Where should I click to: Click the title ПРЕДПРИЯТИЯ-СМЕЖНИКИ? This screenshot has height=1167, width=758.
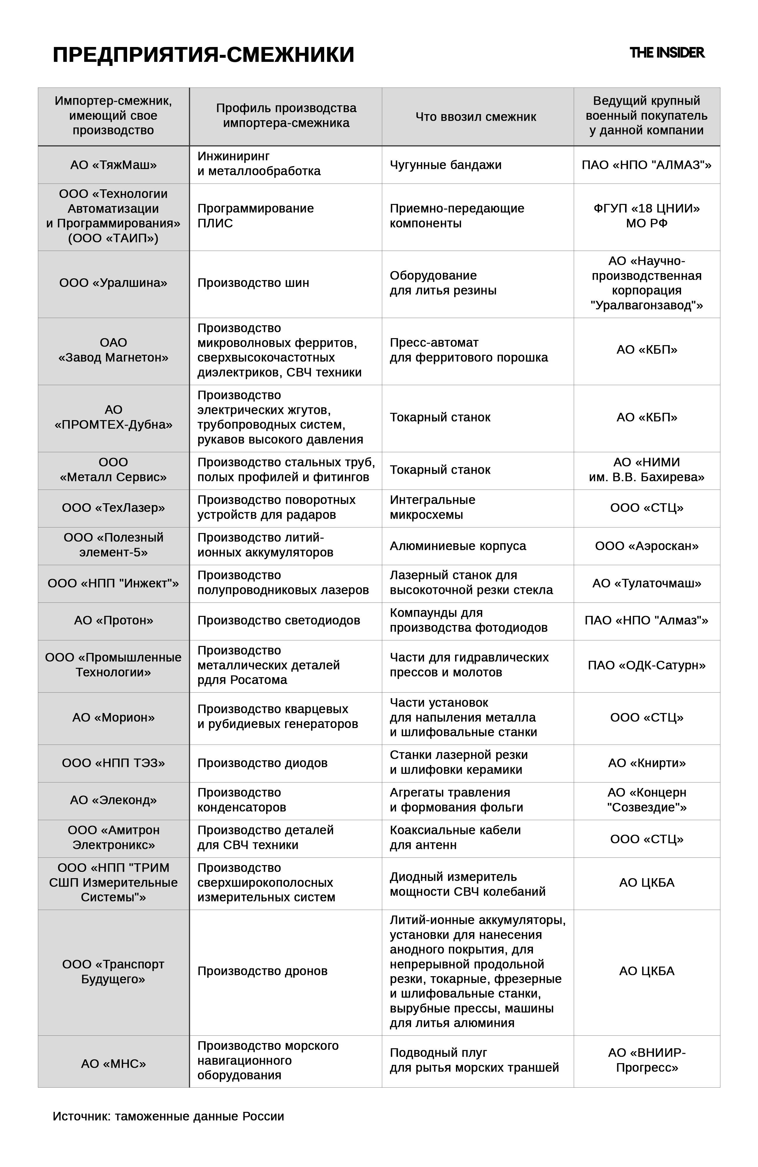click(203, 55)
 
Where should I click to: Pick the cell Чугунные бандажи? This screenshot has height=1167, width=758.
click(445, 165)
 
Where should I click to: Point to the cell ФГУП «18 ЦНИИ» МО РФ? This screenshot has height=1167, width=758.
click(646, 216)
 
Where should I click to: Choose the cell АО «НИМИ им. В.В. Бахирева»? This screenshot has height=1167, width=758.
click(646, 470)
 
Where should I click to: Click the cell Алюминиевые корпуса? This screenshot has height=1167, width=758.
click(458, 546)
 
